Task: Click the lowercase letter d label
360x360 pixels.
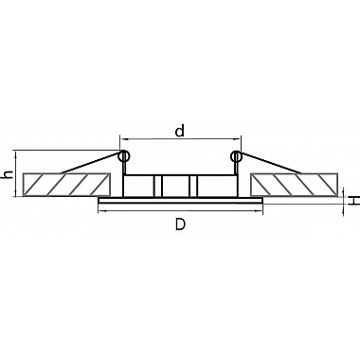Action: pyautogui.click(x=180, y=131)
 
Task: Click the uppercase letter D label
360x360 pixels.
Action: pyautogui.click(x=180, y=225)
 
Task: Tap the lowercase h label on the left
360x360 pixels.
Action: pyautogui.click(x=8, y=174)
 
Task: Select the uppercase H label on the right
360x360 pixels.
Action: pyautogui.click(x=355, y=200)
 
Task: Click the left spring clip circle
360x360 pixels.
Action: pyautogui.click(x=123, y=156)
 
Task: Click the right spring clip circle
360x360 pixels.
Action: pyautogui.click(x=236, y=156)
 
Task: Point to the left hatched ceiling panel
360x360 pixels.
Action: pyautogui.click(x=66, y=185)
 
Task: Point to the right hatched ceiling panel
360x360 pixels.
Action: pyautogui.click(x=294, y=185)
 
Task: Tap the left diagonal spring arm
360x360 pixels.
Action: pyautogui.click(x=92, y=163)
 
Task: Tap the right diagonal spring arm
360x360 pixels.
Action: pyautogui.click(x=269, y=163)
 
